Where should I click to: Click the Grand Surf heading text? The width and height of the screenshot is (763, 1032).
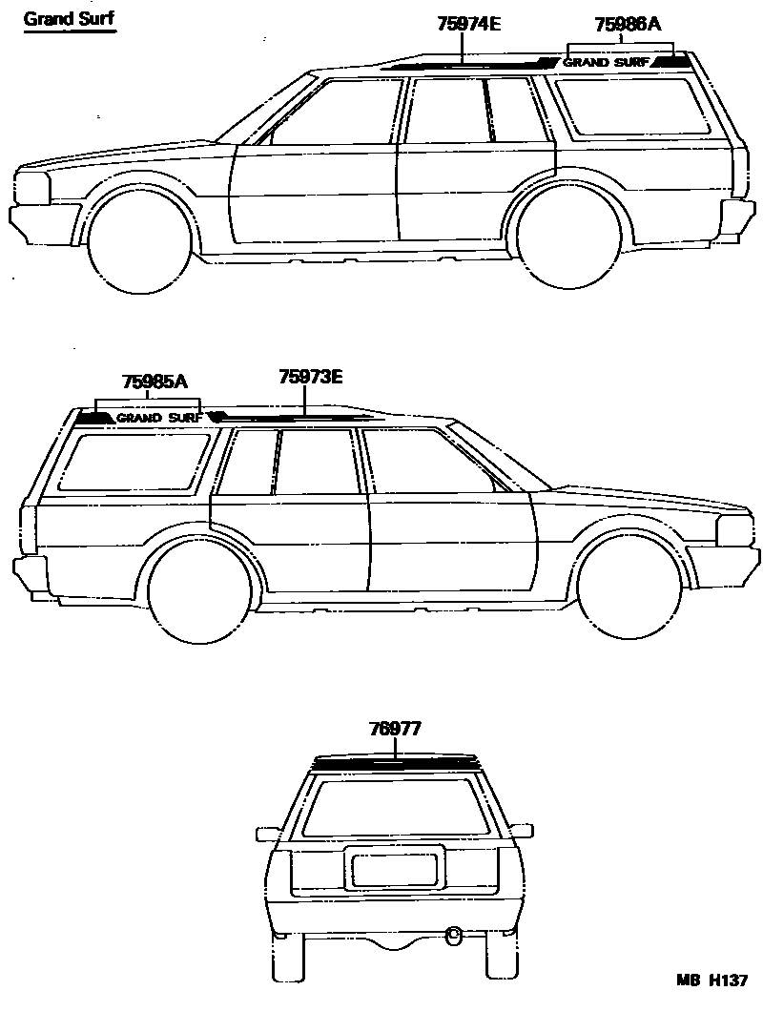(x=69, y=18)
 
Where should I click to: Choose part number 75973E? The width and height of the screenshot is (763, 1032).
(x=310, y=377)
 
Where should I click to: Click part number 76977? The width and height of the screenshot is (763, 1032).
(x=395, y=730)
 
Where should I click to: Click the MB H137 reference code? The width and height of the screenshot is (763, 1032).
(x=711, y=980)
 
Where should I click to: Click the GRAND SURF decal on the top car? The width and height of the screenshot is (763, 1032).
(x=607, y=63)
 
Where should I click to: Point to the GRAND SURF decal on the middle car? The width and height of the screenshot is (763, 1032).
(x=159, y=418)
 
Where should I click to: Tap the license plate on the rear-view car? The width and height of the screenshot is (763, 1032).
(x=395, y=869)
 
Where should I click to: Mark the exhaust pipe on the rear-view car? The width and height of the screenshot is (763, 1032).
(x=453, y=931)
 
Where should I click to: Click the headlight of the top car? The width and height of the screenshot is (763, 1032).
(x=33, y=187)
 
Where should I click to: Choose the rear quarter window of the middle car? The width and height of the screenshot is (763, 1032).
(x=134, y=463)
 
